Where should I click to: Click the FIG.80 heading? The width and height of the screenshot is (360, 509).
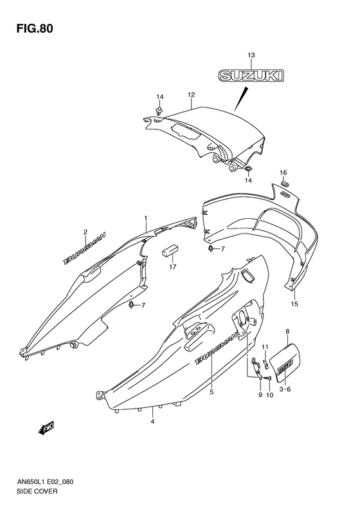34,28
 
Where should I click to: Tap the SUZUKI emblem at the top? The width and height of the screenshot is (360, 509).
251,76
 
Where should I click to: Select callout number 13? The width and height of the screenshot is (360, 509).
251,55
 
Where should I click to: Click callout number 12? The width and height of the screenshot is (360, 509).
191,95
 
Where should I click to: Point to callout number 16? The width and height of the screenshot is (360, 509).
283,172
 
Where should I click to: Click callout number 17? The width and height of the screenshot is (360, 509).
172,267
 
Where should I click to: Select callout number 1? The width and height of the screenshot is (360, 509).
146,218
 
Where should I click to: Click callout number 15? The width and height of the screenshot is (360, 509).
294,304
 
